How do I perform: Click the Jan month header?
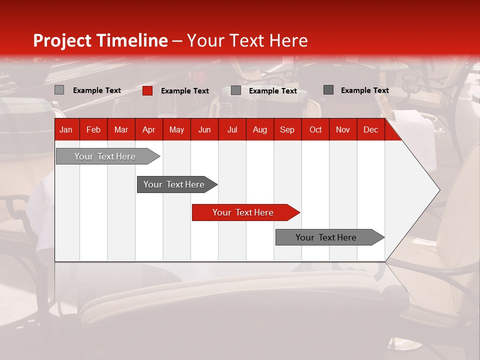pyautogui.click(x=66, y=129)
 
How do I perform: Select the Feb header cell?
pyautogui.click(x=93, y=129)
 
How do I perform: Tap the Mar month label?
pyautogui.click(x=121, y=129)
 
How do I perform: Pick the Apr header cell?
pyautogui.click(x=148, y=129)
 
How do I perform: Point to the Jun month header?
pyautogui.click(x=204, y=129)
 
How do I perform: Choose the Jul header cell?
pyautogui.click(x=232, y=129)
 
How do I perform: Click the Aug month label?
pyautogui.click(x=259, y=129)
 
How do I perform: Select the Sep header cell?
pyautogui.click(x=287, y=129)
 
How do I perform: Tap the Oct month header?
pyautogui.click(x=315, y=129)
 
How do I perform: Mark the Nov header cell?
pyautogui.click(x=343, y=129)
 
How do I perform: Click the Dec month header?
pyautogui.click(x=370, y=129)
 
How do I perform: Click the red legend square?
pyautogui.click(x=147, y=90)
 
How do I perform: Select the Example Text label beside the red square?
pyautogui.click(x=184, y=91)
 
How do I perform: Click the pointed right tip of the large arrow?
pyautogui.click(x=438, y=190)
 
